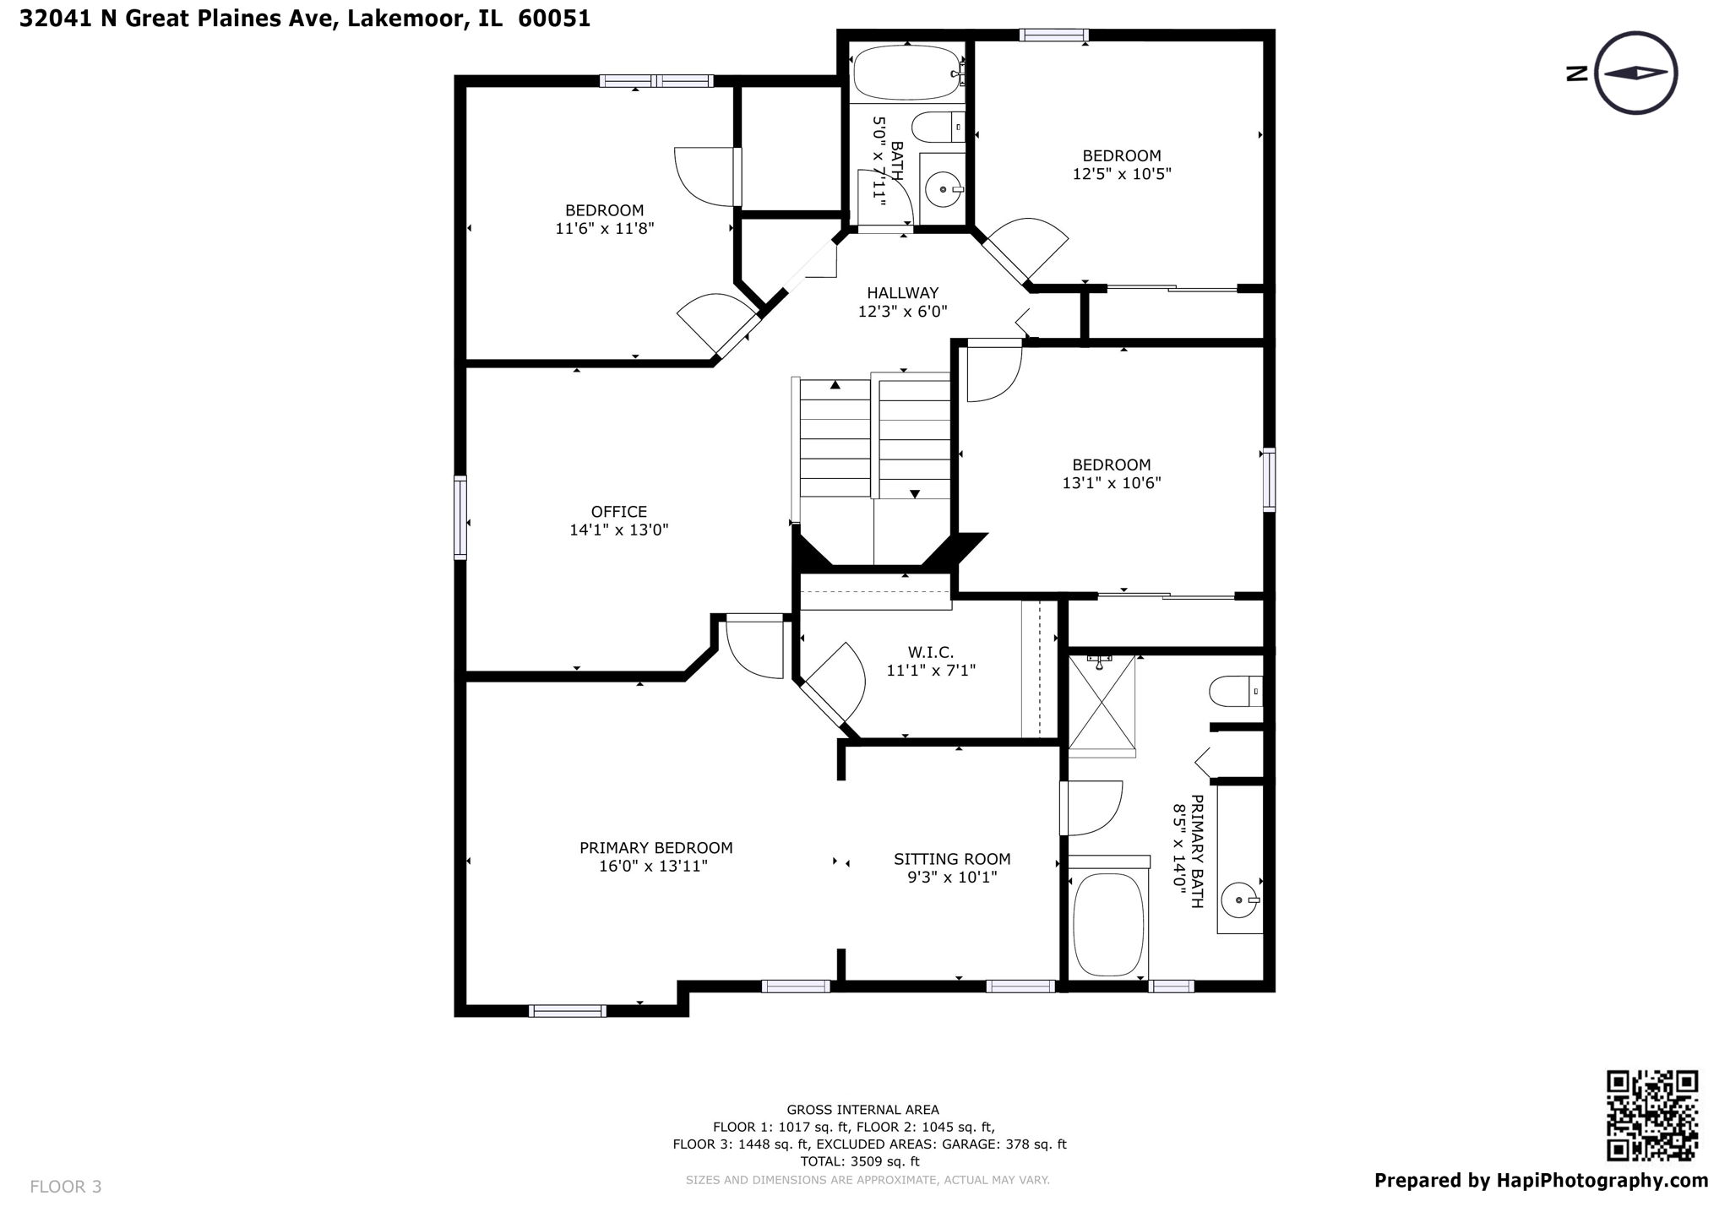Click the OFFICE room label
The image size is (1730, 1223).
point(619,512)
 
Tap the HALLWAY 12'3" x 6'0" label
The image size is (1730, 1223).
point(902,302)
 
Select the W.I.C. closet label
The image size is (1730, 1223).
point(931,653)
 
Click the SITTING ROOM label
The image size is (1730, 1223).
point(952,860)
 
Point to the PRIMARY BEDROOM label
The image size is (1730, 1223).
point(656,848)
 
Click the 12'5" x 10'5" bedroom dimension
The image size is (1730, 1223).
point(1122,174)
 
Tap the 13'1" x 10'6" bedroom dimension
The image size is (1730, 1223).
point(1112,483)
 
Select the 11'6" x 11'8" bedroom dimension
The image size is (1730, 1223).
point(605,229)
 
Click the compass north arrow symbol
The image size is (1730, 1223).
point(1636,73)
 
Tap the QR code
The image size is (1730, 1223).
point(1651,1116)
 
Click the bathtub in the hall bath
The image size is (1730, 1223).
point(906,73)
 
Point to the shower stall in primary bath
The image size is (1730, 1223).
point(1102,702)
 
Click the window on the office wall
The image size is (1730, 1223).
point(460,517)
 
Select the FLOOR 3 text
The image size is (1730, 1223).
point(66,1187)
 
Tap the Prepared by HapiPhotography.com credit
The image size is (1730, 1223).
point(1541,1181)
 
